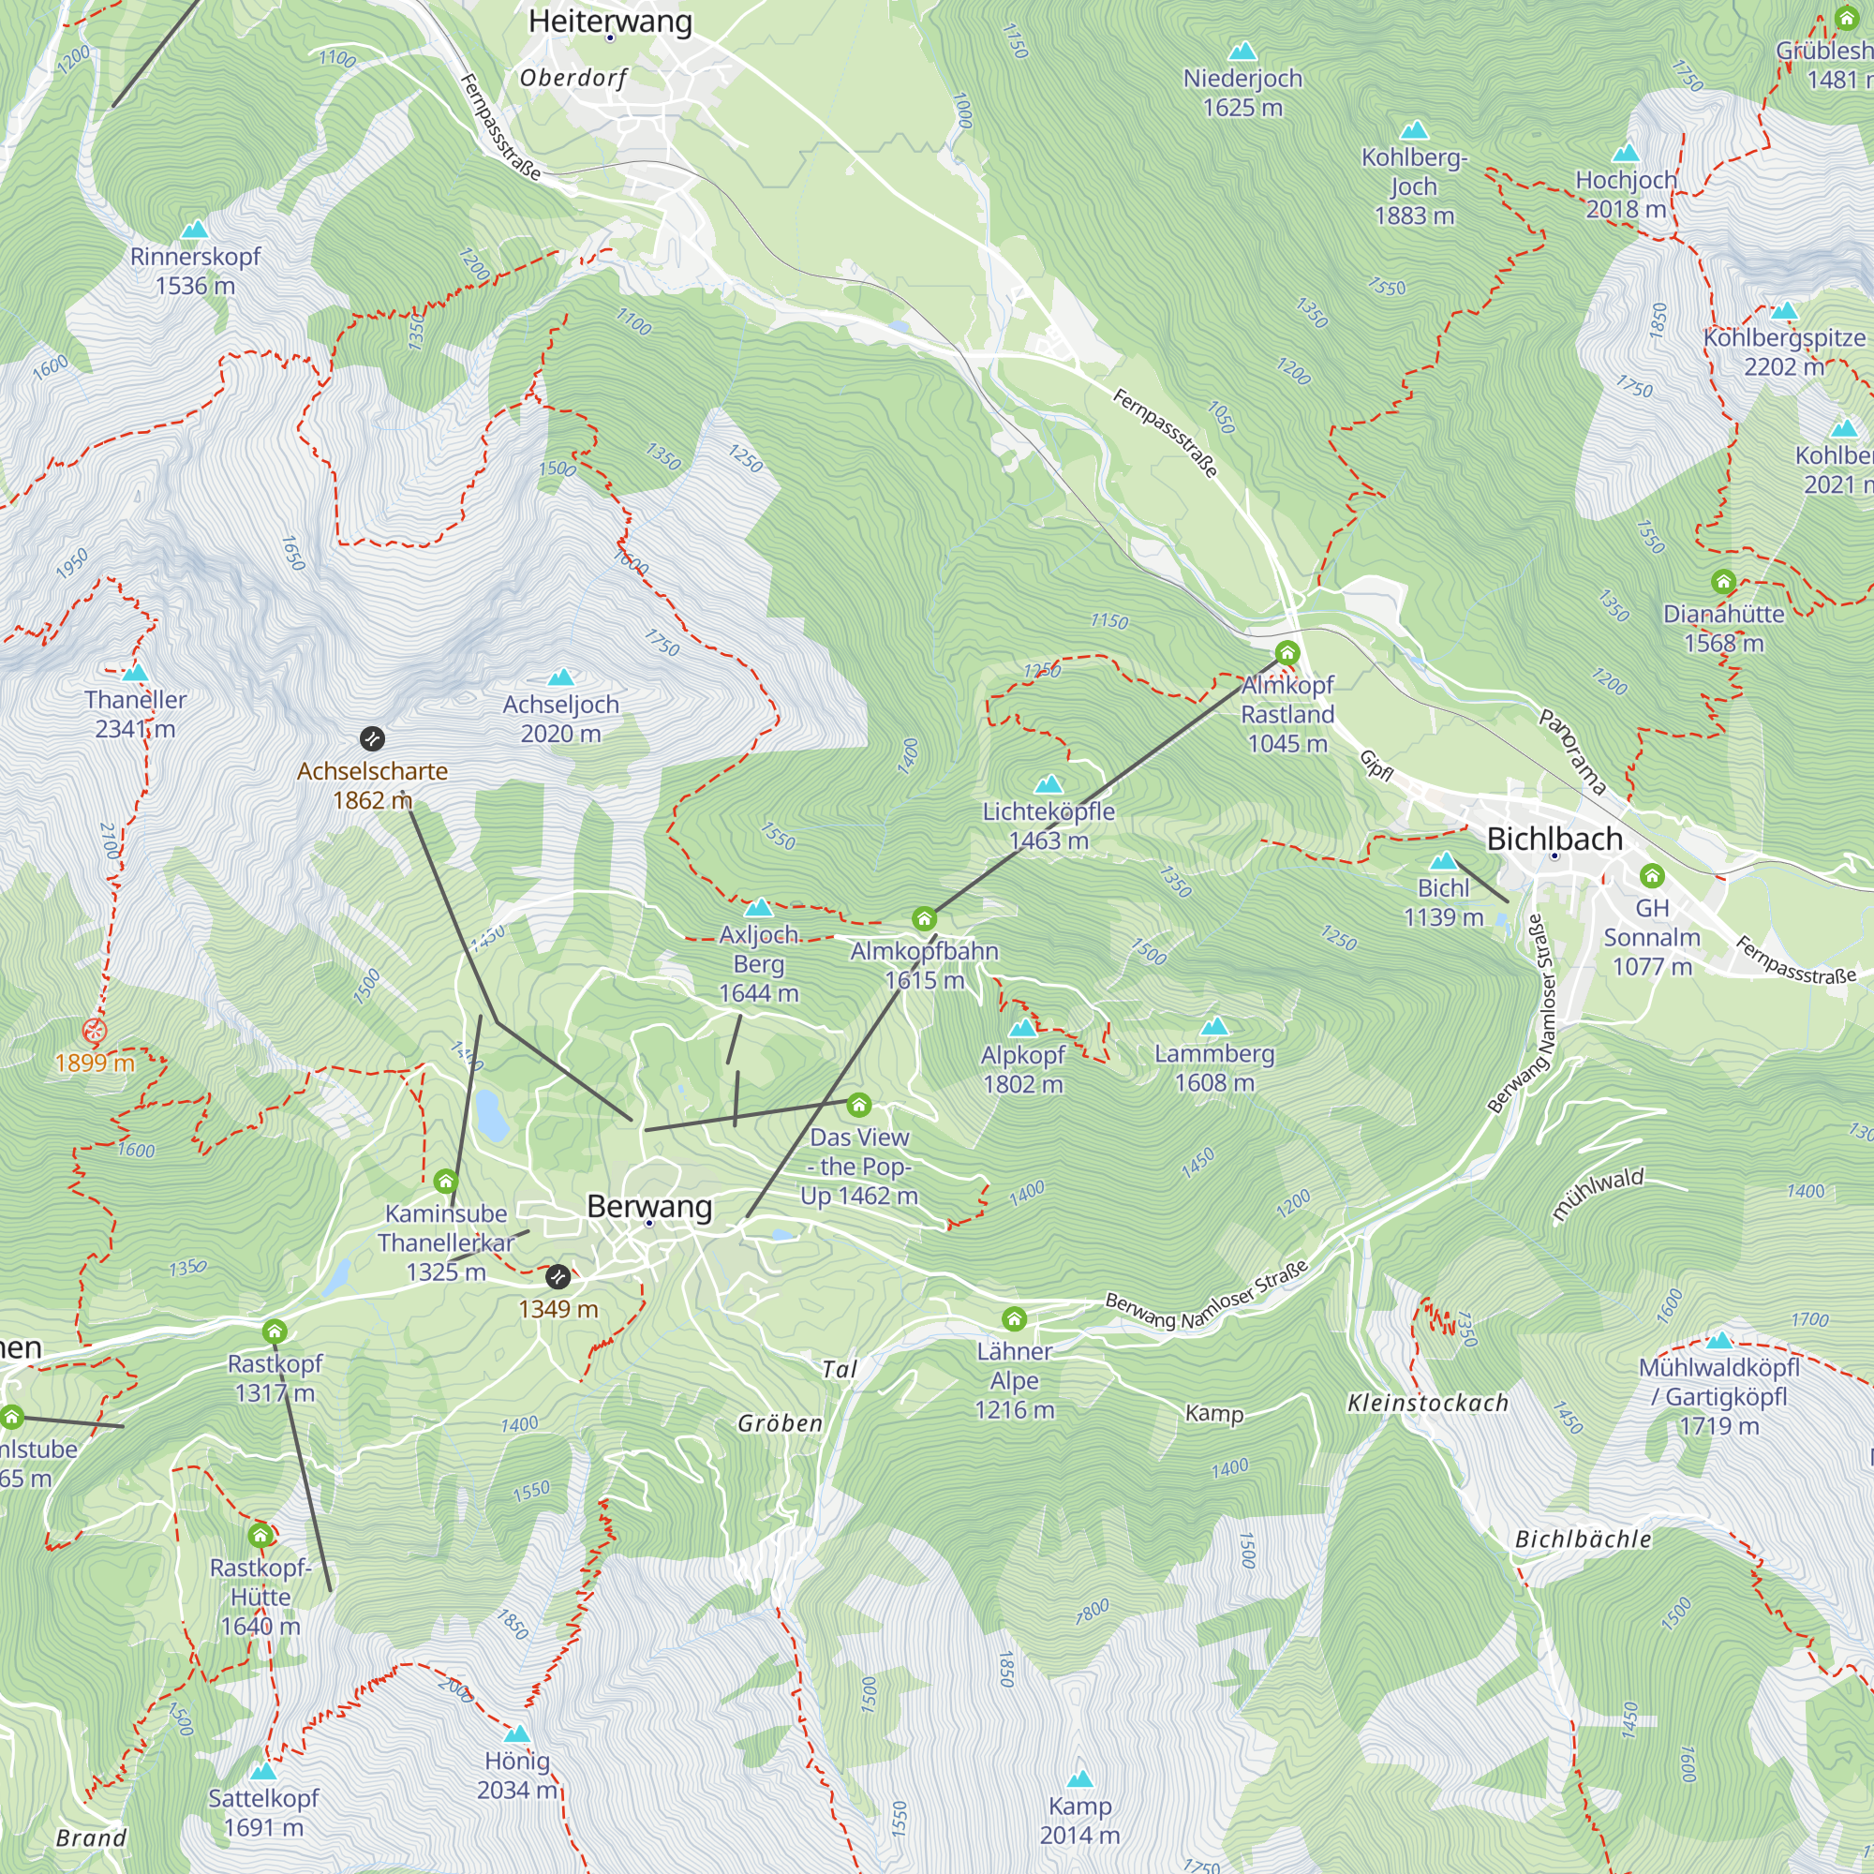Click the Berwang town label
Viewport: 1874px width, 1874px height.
click(649, 1206)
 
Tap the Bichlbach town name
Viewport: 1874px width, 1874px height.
click(1554, 838)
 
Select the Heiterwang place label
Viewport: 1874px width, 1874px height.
click(610, 21)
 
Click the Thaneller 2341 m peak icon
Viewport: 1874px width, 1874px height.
click(136, 672)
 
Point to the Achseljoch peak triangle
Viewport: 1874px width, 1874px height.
click(560, 677)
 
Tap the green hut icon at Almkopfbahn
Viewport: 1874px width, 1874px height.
click(924, 918)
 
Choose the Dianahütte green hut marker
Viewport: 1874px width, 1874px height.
click(1723, 581)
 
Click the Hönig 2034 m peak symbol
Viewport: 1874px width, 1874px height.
click(517, 1733)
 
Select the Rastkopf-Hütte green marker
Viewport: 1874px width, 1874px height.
click(260, 1535)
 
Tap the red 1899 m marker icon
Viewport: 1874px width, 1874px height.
click(94, 1030)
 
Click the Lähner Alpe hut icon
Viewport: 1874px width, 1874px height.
click(1014, 1318)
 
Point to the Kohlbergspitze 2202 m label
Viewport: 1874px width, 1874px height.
click(1784, 351)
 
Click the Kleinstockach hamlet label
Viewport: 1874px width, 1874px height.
click(1428, 1403)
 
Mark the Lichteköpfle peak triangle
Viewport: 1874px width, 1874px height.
click(1049, 783)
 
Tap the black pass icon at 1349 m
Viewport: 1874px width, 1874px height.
click(558, 1276)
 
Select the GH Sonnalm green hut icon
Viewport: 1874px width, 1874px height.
click(1652, 876)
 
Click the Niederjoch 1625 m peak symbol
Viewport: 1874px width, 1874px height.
click(1242, 52)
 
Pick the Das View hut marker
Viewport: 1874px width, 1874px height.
click(858, 1105)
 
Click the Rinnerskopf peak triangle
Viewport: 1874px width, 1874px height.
click(195, 229)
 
